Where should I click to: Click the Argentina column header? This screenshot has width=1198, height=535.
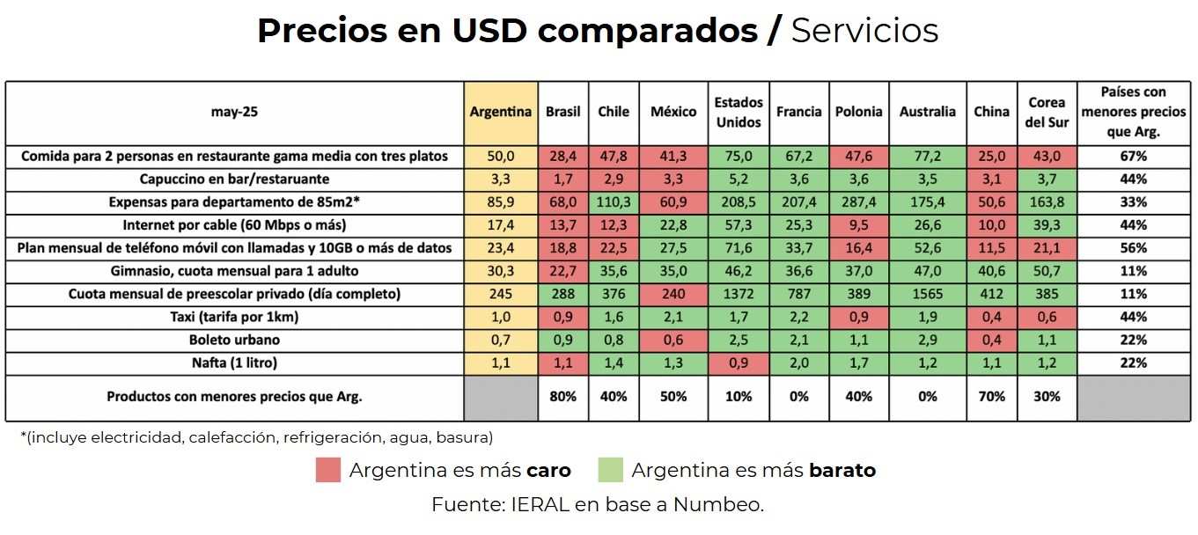[500, 113]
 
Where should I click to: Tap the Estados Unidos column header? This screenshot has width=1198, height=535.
[739, 113]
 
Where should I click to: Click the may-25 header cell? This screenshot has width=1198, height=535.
[234, 113]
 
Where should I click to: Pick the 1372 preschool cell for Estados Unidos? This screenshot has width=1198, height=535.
[739, 294]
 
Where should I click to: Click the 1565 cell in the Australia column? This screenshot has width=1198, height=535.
[927, 294]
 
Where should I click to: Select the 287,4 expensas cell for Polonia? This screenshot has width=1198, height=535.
[858, 202]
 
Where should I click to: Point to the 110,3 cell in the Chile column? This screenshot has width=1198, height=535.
[614, 202]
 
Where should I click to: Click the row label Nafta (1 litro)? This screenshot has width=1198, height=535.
[234, 363]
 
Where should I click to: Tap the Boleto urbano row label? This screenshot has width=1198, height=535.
[234, 340]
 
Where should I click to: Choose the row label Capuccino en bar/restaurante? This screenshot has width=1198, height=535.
[234, 180]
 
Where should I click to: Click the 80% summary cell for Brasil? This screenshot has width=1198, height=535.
[562, 397]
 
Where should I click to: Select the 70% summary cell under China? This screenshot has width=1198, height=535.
[991, 397]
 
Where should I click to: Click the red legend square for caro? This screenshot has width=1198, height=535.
[327, 471]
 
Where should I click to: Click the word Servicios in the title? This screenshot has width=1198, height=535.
[864, 31]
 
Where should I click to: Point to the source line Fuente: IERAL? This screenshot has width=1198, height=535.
[598, 505]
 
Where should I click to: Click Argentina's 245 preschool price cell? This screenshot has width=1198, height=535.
[500, 294]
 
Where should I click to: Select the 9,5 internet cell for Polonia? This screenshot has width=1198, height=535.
[858, 225]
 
